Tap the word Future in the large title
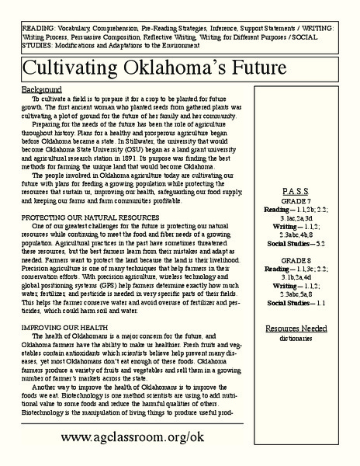click(x=247, y=68)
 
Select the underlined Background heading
click(x=42, y=90)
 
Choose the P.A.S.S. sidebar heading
click(x=298, y=192)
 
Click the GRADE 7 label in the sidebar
click(x=298, y=201)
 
